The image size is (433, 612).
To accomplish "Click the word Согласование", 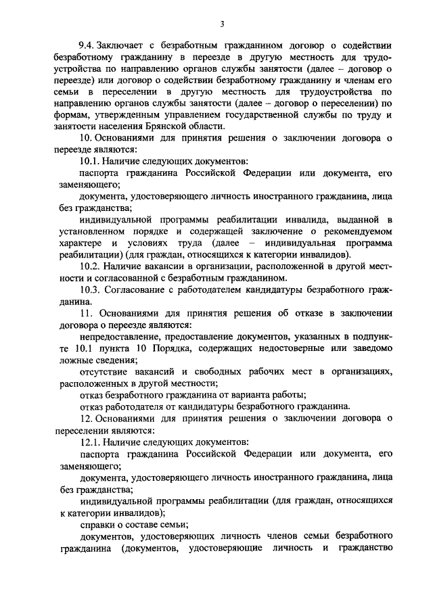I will click(144, 291).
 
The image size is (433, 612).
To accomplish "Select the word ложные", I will click(74, 360).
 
